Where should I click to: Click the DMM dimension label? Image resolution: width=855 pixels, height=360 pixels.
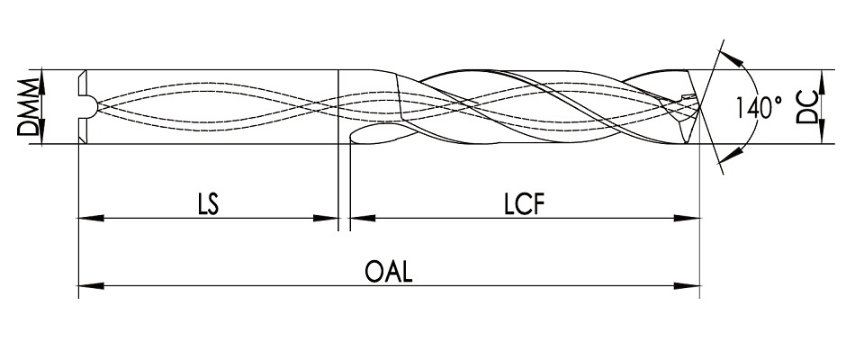point(30,106)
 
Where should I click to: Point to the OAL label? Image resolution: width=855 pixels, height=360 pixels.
point(389,273)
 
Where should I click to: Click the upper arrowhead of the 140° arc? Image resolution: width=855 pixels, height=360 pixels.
point(741,59)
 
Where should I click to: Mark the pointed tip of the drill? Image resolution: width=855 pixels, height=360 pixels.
point(700,105)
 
